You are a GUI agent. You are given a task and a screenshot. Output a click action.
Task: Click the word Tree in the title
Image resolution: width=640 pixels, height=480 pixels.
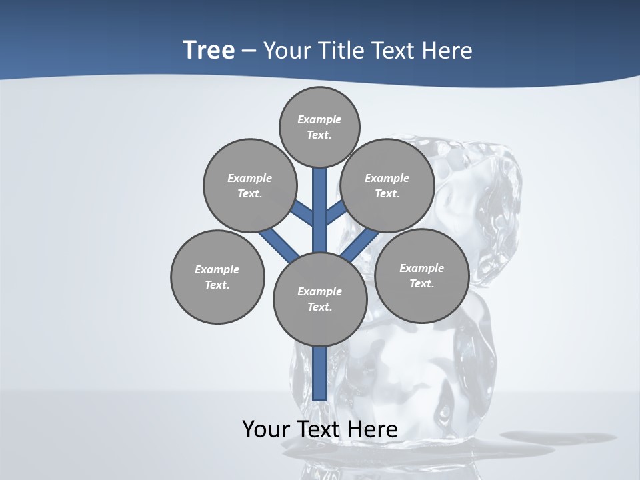pos(209,50)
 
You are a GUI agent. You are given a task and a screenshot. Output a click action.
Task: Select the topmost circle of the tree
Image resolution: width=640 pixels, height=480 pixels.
pos(319,127)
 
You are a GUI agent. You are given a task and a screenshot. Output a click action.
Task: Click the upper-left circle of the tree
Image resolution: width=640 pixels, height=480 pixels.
pos(249,185)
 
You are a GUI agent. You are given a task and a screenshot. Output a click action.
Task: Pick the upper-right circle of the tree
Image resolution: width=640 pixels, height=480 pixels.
pos(387,185)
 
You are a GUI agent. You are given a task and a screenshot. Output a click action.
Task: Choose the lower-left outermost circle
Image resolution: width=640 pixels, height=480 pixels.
pos(217,277)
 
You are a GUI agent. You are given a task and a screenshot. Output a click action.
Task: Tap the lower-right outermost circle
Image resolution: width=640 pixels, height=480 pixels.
pos(421,275)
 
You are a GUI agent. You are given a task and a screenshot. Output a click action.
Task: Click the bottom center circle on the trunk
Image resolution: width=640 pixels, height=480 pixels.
pos(320,299)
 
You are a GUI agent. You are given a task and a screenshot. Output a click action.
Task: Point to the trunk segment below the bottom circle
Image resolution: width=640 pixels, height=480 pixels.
pos(320,373)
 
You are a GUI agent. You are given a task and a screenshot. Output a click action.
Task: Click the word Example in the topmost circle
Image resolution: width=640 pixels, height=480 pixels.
pos(319,119)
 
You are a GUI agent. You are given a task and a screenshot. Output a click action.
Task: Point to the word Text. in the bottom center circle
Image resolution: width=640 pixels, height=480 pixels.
pos(319,307)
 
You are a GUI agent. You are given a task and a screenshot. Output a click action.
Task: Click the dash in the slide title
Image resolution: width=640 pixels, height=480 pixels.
pos(249,51)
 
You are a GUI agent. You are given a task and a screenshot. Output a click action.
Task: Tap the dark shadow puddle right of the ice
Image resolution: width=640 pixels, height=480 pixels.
pos(537,437)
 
